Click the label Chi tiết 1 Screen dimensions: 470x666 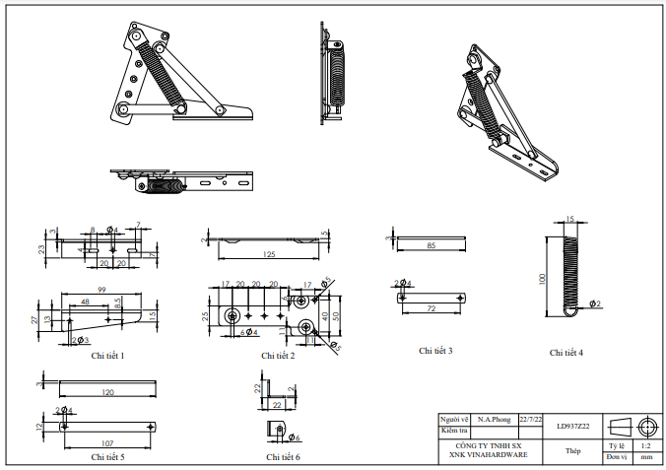pos(107,355)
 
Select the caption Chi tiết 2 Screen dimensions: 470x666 pos(278,355)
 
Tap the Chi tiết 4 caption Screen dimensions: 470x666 pos(566,352)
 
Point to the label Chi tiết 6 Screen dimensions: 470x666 pos(283,457)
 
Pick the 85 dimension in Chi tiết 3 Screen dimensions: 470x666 pos(431,245)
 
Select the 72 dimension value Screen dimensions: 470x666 pos(431,309)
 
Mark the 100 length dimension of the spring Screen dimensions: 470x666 pos(542,279)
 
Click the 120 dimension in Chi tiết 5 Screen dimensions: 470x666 pos(107,393)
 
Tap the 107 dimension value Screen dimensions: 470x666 pos(108,443)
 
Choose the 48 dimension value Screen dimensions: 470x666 pos(86,301)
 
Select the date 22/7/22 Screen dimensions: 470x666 pos(531,419)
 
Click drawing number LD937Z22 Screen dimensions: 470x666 pos(572,426)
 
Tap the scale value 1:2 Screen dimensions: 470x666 pos(645,445)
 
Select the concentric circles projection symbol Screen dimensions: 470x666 pos(646,427)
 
